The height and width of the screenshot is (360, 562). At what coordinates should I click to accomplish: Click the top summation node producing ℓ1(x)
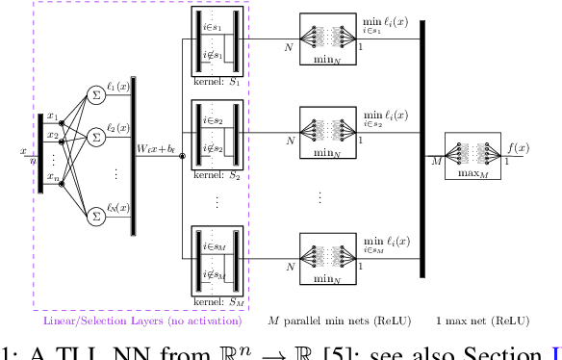pos(96,93)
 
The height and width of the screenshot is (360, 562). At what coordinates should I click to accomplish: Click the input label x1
pos(52,116)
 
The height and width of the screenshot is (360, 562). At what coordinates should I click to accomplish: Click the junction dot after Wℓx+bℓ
pos(183,154)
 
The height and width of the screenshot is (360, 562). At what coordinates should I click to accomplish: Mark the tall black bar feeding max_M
pos(421,148)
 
